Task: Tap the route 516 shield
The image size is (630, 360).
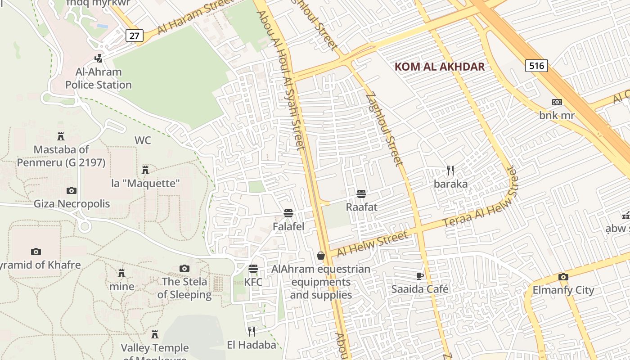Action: point(536,66)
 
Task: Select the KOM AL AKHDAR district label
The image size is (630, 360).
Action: point(439,67)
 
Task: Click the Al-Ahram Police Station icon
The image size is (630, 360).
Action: point(98,58)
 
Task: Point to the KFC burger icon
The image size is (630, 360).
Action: point(253,269)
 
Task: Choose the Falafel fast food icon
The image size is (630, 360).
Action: point(288,213)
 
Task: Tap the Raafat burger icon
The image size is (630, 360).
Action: point(361,194)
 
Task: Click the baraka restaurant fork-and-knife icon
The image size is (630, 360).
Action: point(450,171)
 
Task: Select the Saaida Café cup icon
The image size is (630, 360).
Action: point(419,276)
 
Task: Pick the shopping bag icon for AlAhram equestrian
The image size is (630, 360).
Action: point(321,256)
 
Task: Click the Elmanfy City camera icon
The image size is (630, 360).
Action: point(563,277)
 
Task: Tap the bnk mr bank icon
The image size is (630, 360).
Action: point(557,102)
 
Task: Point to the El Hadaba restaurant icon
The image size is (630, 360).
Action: point(252,332)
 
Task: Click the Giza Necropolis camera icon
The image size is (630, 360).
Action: point(71,190)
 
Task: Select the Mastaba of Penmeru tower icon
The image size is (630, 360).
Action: point(61,136)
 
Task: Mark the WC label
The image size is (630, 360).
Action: point(143,140)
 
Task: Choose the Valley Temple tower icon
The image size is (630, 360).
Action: point(155,334)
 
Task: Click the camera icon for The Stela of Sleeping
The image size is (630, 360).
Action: point(184,269)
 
